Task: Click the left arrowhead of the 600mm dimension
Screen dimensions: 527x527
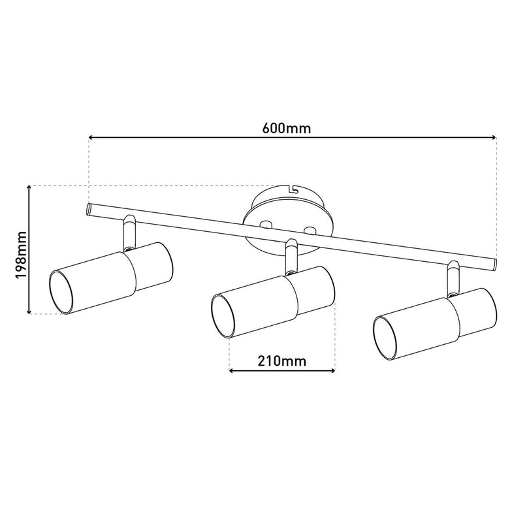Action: click(91, 138)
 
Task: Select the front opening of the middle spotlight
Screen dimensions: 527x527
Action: click(224, 316)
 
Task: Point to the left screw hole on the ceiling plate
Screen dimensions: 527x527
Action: click(265, 225)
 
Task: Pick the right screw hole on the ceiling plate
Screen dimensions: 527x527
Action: click(310, 230)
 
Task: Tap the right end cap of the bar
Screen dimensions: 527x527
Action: click(494, 264)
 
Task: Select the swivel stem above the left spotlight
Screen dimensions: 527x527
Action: click(128, 232)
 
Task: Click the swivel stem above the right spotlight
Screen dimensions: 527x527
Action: click(452, 278)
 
